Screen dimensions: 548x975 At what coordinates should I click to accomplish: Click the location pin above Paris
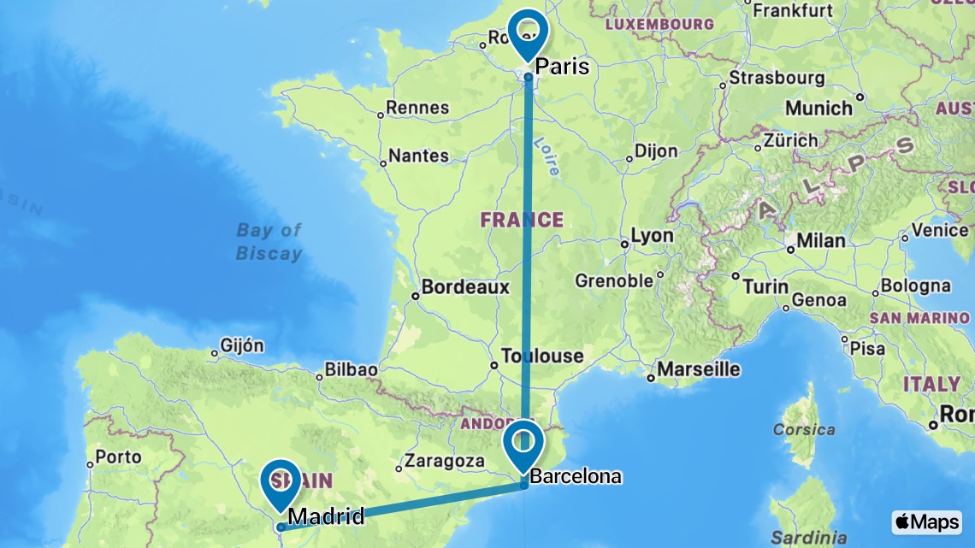tap(528, 32)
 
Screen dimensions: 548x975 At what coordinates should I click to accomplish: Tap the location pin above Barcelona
tap(523, 443)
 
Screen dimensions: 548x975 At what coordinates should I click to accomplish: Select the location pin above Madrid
tap(281, 482)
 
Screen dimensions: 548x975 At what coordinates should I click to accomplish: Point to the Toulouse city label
tap(542, 356)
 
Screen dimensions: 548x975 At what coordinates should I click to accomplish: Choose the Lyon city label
tap(652, 237)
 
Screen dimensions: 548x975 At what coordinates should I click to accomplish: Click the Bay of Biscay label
tap(269, 241)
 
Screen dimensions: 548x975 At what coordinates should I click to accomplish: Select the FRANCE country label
tap(522, 220)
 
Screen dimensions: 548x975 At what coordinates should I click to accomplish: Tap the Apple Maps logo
tap(926, 521)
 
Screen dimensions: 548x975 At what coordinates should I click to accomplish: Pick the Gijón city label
tap(242, 346)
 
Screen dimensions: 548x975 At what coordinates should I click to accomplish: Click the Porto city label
tap(118, 457)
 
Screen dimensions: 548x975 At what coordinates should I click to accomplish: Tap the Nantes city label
tap(418, 156)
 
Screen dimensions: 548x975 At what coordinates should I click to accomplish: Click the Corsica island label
tap(803, 429)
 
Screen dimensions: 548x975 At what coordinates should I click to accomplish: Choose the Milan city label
tap(821, 241)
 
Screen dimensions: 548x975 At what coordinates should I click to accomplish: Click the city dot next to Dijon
tap(629, 158)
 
